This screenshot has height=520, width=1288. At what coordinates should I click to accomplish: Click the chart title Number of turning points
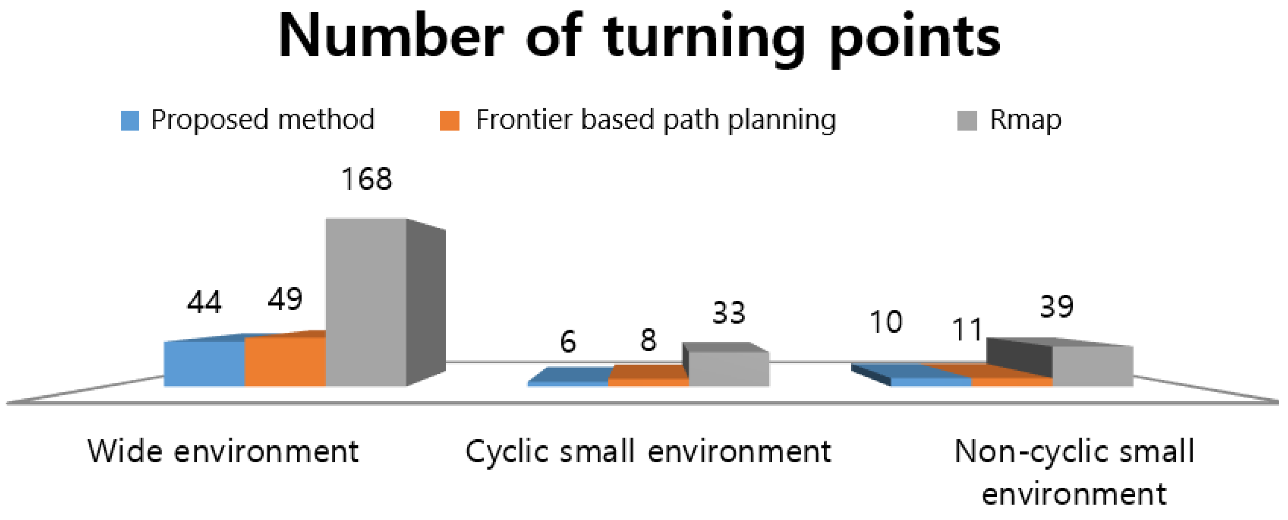[639, 38]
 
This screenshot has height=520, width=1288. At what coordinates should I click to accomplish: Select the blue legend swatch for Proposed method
[130, 121]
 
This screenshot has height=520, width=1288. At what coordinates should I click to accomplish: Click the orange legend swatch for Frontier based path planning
[449, 121]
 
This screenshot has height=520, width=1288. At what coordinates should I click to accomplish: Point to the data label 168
[367, 179]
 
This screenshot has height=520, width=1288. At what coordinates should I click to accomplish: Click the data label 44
[204, 302]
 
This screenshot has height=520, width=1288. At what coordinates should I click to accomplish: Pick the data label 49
[285, 299]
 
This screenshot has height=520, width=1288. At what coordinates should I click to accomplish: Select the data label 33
[729, 313]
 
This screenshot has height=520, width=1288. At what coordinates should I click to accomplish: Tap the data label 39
[1056, 306]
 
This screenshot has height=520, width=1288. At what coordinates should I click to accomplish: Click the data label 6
[568, 342]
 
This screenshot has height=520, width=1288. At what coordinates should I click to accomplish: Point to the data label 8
[648, 340]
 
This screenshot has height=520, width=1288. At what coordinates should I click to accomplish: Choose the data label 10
[886, 322]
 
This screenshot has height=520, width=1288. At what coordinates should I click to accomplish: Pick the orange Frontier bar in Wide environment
[285, 362]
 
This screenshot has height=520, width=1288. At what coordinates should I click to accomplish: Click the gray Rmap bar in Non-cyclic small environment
[1093, 366]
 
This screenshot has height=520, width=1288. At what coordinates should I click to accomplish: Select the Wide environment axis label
[223, 451]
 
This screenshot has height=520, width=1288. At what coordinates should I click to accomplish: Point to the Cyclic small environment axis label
[648, 451]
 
